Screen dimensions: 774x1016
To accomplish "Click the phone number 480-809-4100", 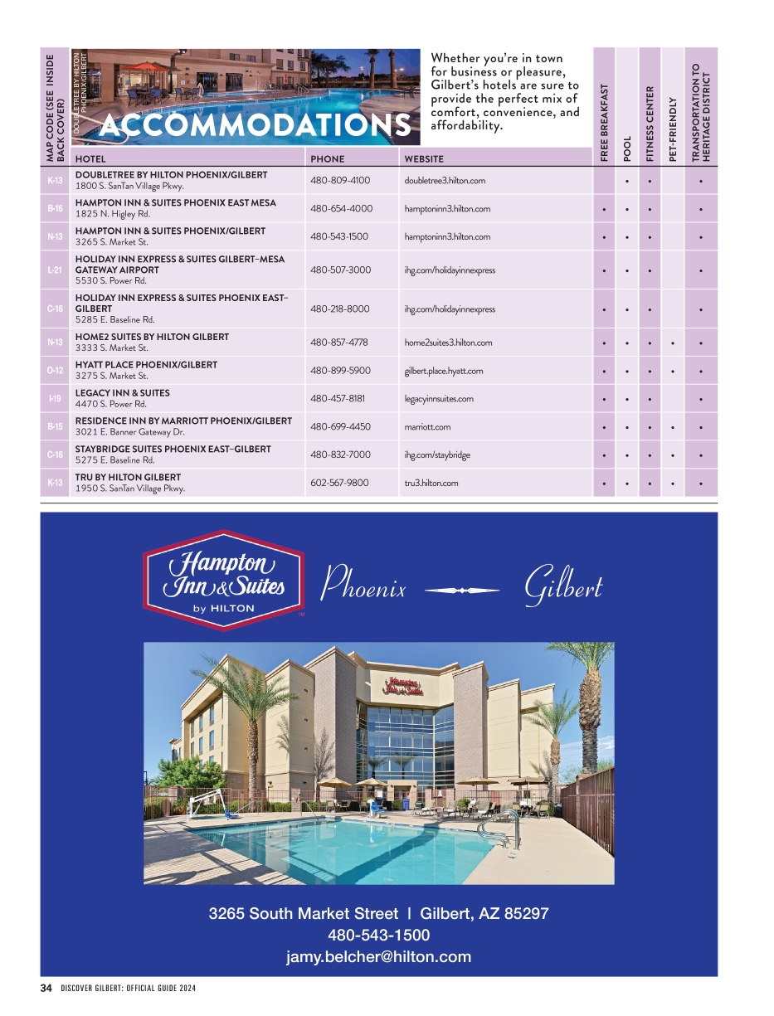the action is [x=340, y=180].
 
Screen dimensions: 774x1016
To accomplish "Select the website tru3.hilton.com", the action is [x=431, y=483].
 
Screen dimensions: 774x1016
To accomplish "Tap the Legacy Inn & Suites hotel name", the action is [x=122, y=393].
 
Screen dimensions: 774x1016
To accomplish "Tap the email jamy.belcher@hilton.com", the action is [x=378, y=957].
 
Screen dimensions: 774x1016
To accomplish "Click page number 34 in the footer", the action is [x=46, y=988].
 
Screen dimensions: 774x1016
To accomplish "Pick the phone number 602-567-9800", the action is [x=340, y=483].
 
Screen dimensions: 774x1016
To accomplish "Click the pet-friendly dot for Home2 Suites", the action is [x=673, y=343].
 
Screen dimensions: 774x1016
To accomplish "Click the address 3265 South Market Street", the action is [x=303, y=914].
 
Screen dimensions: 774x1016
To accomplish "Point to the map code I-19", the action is [x=56, y=399].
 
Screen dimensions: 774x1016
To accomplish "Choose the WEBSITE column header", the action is [x=423, y=159].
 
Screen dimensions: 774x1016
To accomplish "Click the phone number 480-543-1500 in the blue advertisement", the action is [x=378, y=936].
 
